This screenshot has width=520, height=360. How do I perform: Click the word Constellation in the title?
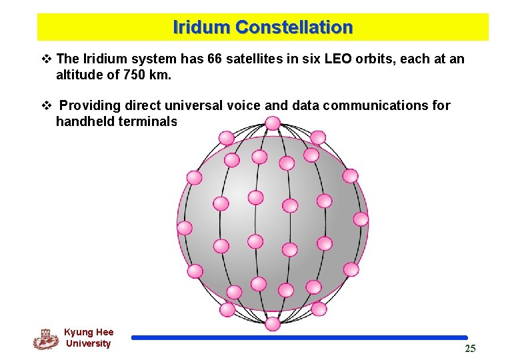click(293, 27)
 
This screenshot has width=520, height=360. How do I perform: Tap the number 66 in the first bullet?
click(215, 59)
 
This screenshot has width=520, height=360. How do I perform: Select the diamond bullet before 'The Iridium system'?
click(46, 59)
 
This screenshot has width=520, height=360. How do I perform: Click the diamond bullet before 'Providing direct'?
click(46, 105)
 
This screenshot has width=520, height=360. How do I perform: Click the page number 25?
click(470, 349)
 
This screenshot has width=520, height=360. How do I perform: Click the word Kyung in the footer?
click(79, 332)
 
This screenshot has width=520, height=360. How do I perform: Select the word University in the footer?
click(88, 343)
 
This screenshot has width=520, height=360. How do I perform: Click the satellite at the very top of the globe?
click(273, 123)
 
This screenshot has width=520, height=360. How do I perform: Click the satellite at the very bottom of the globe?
click(273, 324)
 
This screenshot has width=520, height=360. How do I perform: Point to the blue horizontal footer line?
click(299, 337)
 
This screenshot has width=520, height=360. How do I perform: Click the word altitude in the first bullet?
click(79, 75)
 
